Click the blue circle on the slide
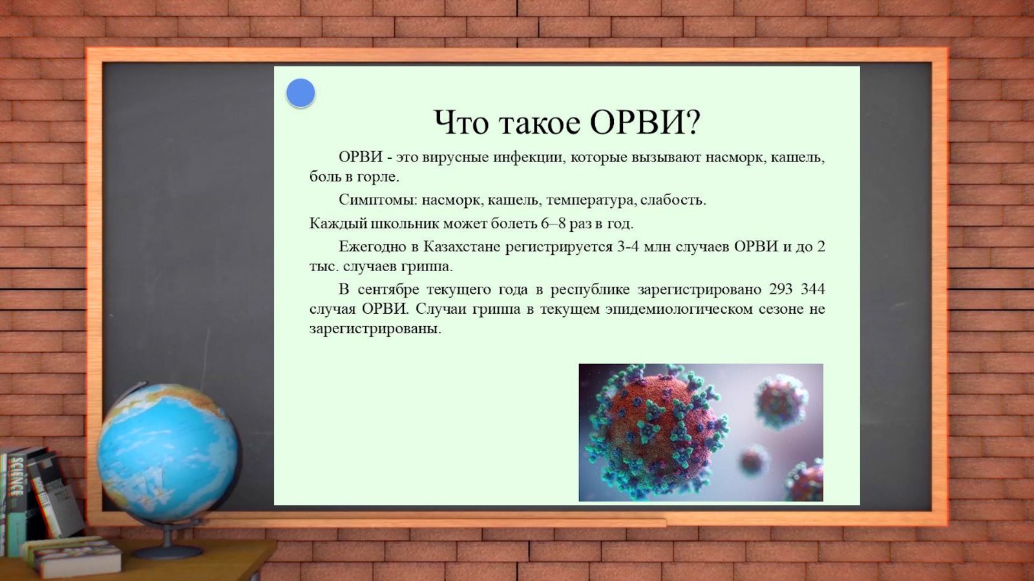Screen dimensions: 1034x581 (x=301, y=93)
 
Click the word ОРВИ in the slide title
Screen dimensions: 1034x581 (x=646, y=123)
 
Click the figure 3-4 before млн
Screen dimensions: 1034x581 (x=628, y=247)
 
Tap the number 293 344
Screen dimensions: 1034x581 (x=797, y=290)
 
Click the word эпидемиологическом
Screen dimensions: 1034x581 (x=679, y=309)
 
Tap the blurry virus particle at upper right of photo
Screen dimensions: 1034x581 (x=781, y=400)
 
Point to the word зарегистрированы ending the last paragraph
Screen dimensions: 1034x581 (x=375, y=329)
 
